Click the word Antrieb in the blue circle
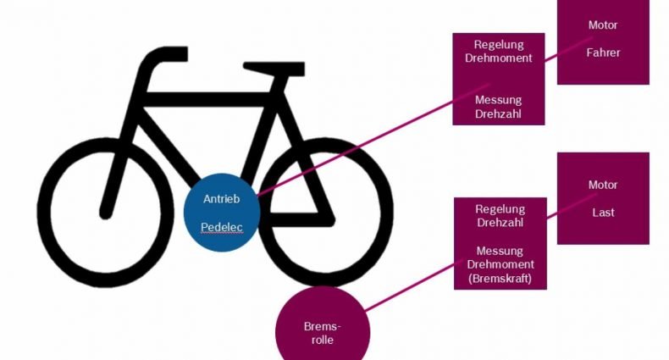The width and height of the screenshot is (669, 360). (x=221, y=199)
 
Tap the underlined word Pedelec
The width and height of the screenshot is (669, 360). (x=221, y=227)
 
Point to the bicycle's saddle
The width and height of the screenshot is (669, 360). (x=274, y=69)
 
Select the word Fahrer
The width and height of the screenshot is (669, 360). (x=603, y=53)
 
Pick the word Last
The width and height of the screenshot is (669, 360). (x=603, y=213)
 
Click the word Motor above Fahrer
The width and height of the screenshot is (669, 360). (x=603, y=25)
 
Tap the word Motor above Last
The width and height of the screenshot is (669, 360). (x=603, y=185)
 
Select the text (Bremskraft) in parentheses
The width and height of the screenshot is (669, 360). (x=500, y=279)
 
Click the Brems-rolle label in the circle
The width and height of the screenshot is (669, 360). (x=323, y=333)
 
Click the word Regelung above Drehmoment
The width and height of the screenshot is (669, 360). (x=498, y=44)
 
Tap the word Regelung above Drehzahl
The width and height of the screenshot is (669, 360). (x=500, y=209)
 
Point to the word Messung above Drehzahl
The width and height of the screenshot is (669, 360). (x=498, y=100)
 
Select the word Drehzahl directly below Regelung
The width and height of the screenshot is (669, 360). (x=500, y=222)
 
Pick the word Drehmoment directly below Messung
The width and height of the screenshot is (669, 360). (x=500, y=264)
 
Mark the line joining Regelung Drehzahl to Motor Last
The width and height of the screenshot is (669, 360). (x=572, y=207)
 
